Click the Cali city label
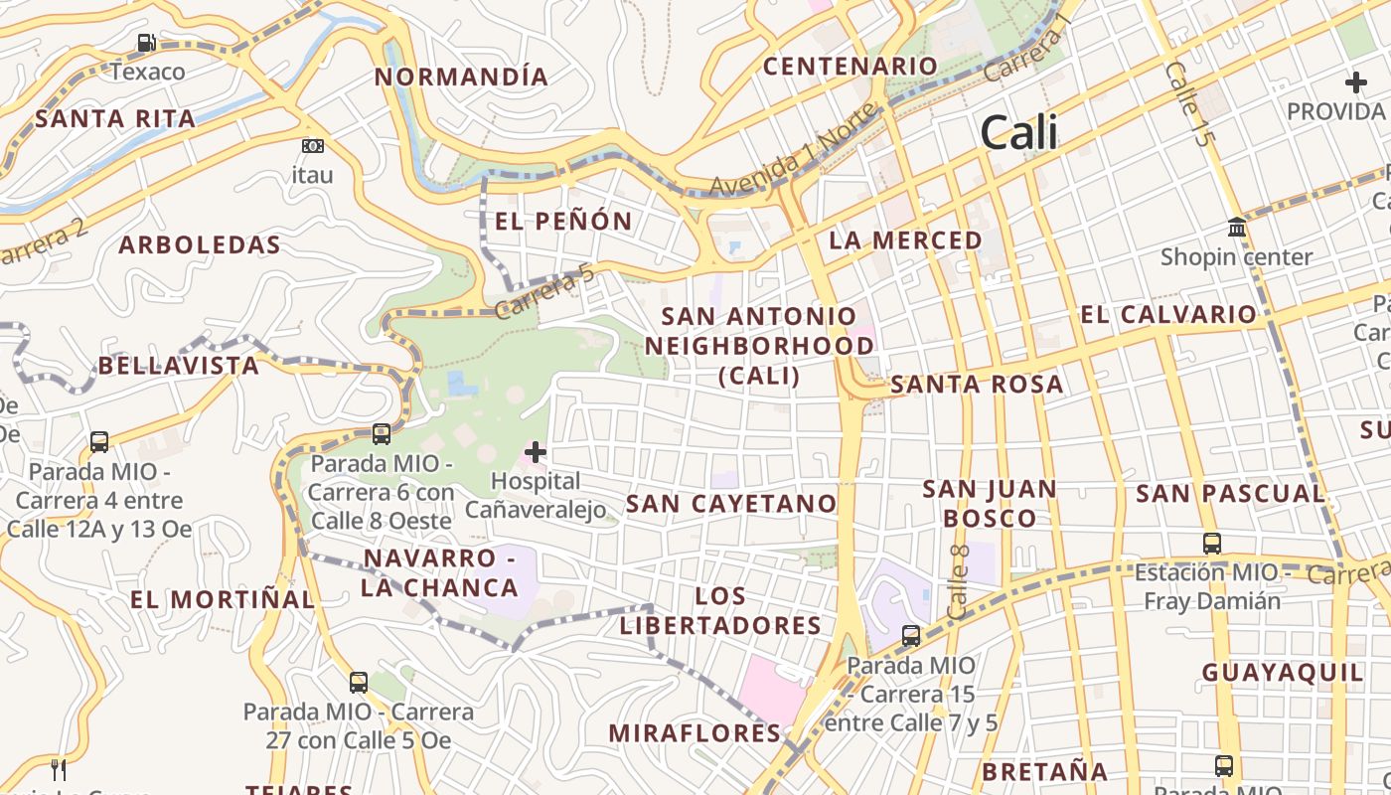[1018, 133]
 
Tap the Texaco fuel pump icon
[147, 43]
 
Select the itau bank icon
[312, 146]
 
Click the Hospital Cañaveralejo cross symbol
[536, 452]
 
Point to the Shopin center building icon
[1237, 228]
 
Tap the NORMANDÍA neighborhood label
[461, 77]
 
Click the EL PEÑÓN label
[563, 221]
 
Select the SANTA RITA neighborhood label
[115, 118]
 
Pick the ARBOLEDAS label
[200, 244]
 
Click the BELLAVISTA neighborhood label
[179, 366]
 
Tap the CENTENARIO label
[850, 66]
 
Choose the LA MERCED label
[905, 239]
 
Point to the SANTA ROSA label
[977, 384]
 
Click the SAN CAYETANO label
[731, 503]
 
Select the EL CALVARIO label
[1168, 315]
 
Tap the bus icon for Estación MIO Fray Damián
[1212, 543]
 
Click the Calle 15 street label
[1189, 104]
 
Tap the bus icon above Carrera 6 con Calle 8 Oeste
[382, 433]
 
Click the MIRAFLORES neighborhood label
[695, 733]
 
